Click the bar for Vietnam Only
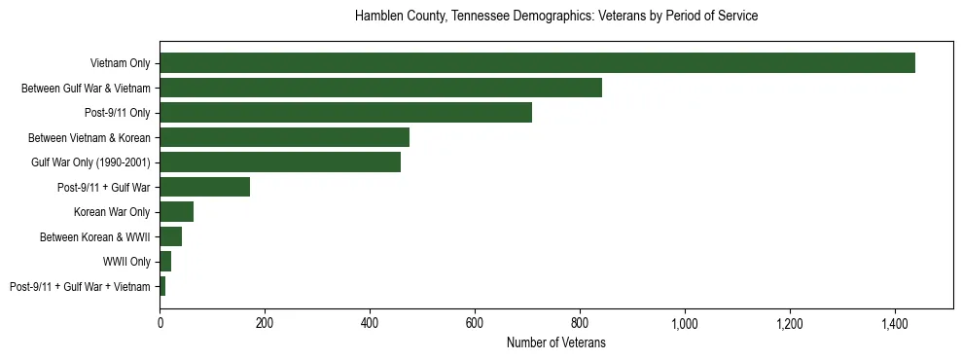(537, 63)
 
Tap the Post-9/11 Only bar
(345, 113)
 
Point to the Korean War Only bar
(176, 212)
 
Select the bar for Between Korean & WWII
(170, 236)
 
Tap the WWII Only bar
(165, 262)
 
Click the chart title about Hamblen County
(556, 17)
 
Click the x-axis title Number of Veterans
(556, 342)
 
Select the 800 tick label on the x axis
(580, 322)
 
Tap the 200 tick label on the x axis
(265, 322)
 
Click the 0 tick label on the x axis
(160, 322)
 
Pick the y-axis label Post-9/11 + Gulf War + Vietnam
(80, 287)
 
